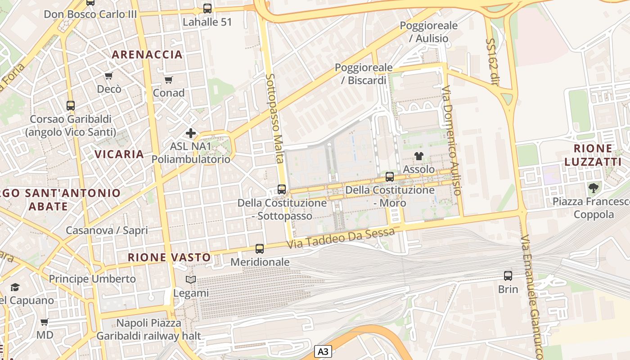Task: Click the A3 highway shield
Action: (323, 351)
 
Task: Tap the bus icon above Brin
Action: (508, 276)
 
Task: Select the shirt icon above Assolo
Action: (419, 156)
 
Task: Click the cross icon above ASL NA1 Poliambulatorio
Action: (191, 133)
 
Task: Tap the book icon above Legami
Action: (191, 280)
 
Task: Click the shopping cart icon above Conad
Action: (169, 80)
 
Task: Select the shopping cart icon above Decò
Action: (108, 76)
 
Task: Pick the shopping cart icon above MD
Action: (45, 322)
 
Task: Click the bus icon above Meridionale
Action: (260, 248)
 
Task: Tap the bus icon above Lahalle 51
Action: (207, 8)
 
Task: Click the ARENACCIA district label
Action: (147, 55)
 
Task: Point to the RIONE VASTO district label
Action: (169, 257)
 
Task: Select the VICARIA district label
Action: (119, 154)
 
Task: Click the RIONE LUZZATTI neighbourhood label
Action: (593, 155)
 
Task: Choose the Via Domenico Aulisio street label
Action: (452, 140)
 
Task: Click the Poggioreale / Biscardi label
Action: (364, 74)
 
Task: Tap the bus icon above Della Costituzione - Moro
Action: (390, 177)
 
